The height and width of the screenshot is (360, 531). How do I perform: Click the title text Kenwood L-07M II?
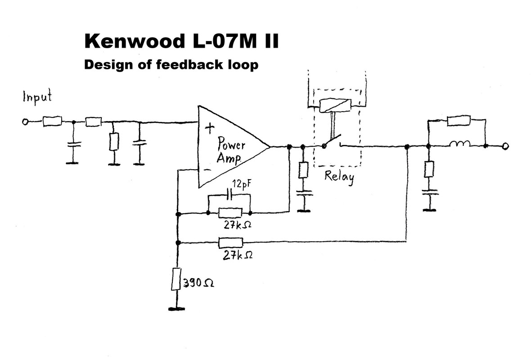click(x=181, y=41)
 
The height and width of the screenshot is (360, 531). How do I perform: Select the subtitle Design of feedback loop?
click(x=171, y=65)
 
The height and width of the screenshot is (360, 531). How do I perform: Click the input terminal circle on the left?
click(x=26, y=121)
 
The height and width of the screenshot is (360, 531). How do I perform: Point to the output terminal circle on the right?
click(x=505, y=146)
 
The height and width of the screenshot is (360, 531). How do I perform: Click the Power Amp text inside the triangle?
click(x=231, y=151)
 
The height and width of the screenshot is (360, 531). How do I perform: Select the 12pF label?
click(x=241, y=184)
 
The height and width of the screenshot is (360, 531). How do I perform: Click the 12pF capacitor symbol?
click(x=229, y=195)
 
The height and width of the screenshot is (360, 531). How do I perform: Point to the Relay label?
click(x=339, y=176)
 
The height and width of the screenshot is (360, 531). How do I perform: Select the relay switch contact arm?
click(x=332, y=141)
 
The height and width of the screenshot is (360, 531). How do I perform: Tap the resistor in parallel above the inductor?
click(x=459, y=120)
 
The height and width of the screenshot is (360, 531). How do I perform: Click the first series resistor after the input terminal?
click(x=52, y=121)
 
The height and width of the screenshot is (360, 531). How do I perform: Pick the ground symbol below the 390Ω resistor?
click(x=177, y=309)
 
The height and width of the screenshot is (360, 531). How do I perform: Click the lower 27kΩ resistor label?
click(x=238, y=255)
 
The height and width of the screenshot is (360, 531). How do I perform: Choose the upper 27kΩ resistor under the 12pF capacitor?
click(x=230, y=212)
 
